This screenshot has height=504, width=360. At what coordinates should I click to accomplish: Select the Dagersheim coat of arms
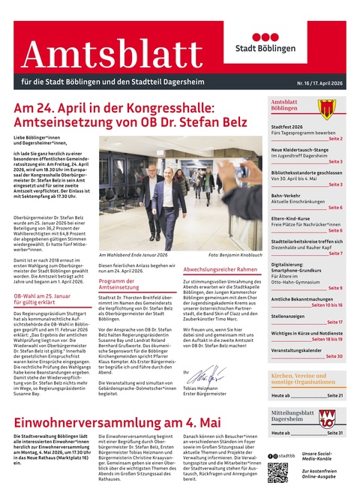[326, 418]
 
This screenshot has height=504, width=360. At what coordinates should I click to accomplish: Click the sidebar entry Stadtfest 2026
[287, 127]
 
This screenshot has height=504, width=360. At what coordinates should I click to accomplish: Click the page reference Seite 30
[334, 356]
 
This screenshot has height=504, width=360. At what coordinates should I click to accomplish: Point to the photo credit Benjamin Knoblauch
[232, 255]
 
